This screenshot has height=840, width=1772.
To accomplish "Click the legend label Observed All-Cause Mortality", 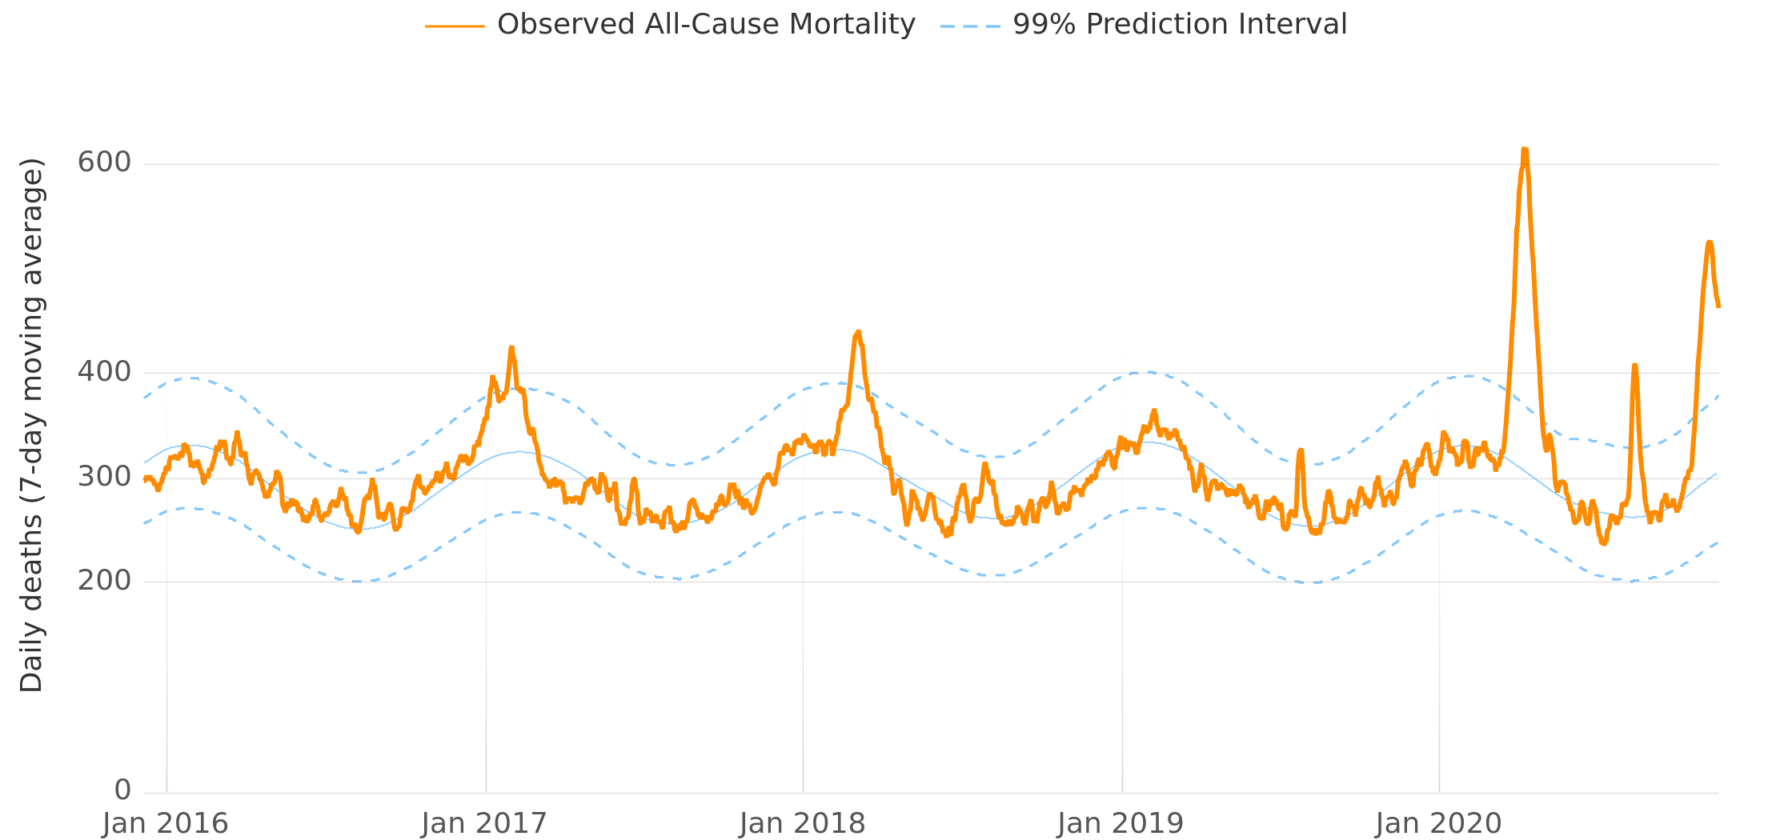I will (x=705, y=25).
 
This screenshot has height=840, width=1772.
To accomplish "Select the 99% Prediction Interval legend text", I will (x=1179, y=25).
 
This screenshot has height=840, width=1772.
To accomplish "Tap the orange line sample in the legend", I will (x=455, y=26).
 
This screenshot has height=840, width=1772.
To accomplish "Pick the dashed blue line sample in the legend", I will (x=970, y=26).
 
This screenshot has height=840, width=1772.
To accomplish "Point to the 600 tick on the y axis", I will (x=104, y=162).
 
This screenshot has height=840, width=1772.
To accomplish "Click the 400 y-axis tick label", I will (x=104, y=372).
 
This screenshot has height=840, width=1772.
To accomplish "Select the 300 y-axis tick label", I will (x=104, y=477).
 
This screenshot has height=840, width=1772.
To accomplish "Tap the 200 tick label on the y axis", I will (x=104, y=581).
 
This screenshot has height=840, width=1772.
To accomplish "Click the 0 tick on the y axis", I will (x=122, y=790).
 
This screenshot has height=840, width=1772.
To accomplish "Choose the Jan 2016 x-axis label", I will (x=166, y=823).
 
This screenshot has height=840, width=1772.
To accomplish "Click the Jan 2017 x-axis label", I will (x=484, y=823).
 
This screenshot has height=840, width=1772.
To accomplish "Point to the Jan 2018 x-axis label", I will (x=802, y=823).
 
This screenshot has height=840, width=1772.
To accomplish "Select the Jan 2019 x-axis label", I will (x=1121, y=823).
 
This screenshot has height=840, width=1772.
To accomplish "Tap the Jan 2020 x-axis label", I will (x=1438, y=823).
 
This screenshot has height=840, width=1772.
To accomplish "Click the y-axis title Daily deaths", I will (x=32, y=425).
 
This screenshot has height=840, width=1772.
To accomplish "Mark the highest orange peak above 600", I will (x=1525, y=150).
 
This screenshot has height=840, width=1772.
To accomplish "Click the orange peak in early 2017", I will (x=511, y=348).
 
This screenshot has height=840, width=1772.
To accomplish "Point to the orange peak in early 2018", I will (x=858, y=332).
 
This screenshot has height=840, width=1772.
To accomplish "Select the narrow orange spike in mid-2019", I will (x=1301, y=450).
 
